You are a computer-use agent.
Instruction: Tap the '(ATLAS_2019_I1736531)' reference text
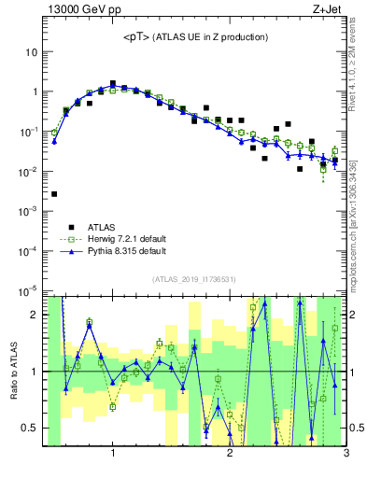pos(193,278)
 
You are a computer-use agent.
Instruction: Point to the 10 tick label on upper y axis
pos(32,52)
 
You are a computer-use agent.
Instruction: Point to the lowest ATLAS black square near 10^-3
pos(54,194)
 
